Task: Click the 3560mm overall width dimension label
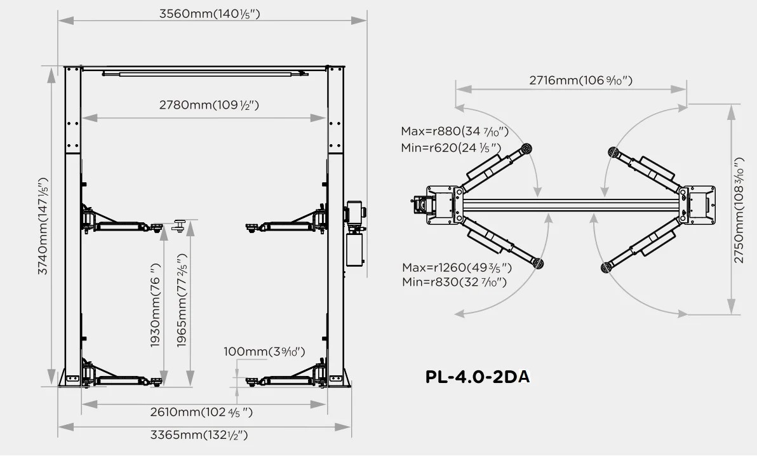point(210,13)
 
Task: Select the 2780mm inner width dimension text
point(209,105)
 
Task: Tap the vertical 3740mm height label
point(43,226)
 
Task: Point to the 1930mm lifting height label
point(154,305)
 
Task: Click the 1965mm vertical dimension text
point(181,300)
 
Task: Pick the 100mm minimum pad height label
point(264,351)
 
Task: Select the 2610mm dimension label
point(201,412)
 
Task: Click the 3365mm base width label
point(199,435)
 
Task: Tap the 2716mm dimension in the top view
point(581,80)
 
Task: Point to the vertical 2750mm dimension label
point(739,210)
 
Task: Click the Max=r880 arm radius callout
point(455,131)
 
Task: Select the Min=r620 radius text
point(451,148)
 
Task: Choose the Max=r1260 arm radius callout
point(457,267)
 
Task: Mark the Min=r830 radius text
point(454,281)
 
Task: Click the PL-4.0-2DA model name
point(478,377)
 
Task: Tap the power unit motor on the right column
point(355,213)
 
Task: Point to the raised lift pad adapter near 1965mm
point(180,225)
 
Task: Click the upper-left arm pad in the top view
point(526,148)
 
